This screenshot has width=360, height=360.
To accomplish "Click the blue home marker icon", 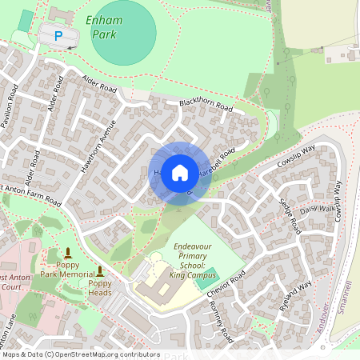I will point(180,172).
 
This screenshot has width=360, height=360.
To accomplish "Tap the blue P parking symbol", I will point(58,35).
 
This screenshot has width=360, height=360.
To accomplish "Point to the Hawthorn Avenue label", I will point(98,146).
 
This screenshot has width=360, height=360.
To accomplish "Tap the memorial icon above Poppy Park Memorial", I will point(68,253).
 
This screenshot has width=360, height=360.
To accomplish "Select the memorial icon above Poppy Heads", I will point(100,271).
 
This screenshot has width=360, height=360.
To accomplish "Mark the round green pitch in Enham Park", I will point(124,34).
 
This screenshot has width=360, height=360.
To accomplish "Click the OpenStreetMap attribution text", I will point(80,354).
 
